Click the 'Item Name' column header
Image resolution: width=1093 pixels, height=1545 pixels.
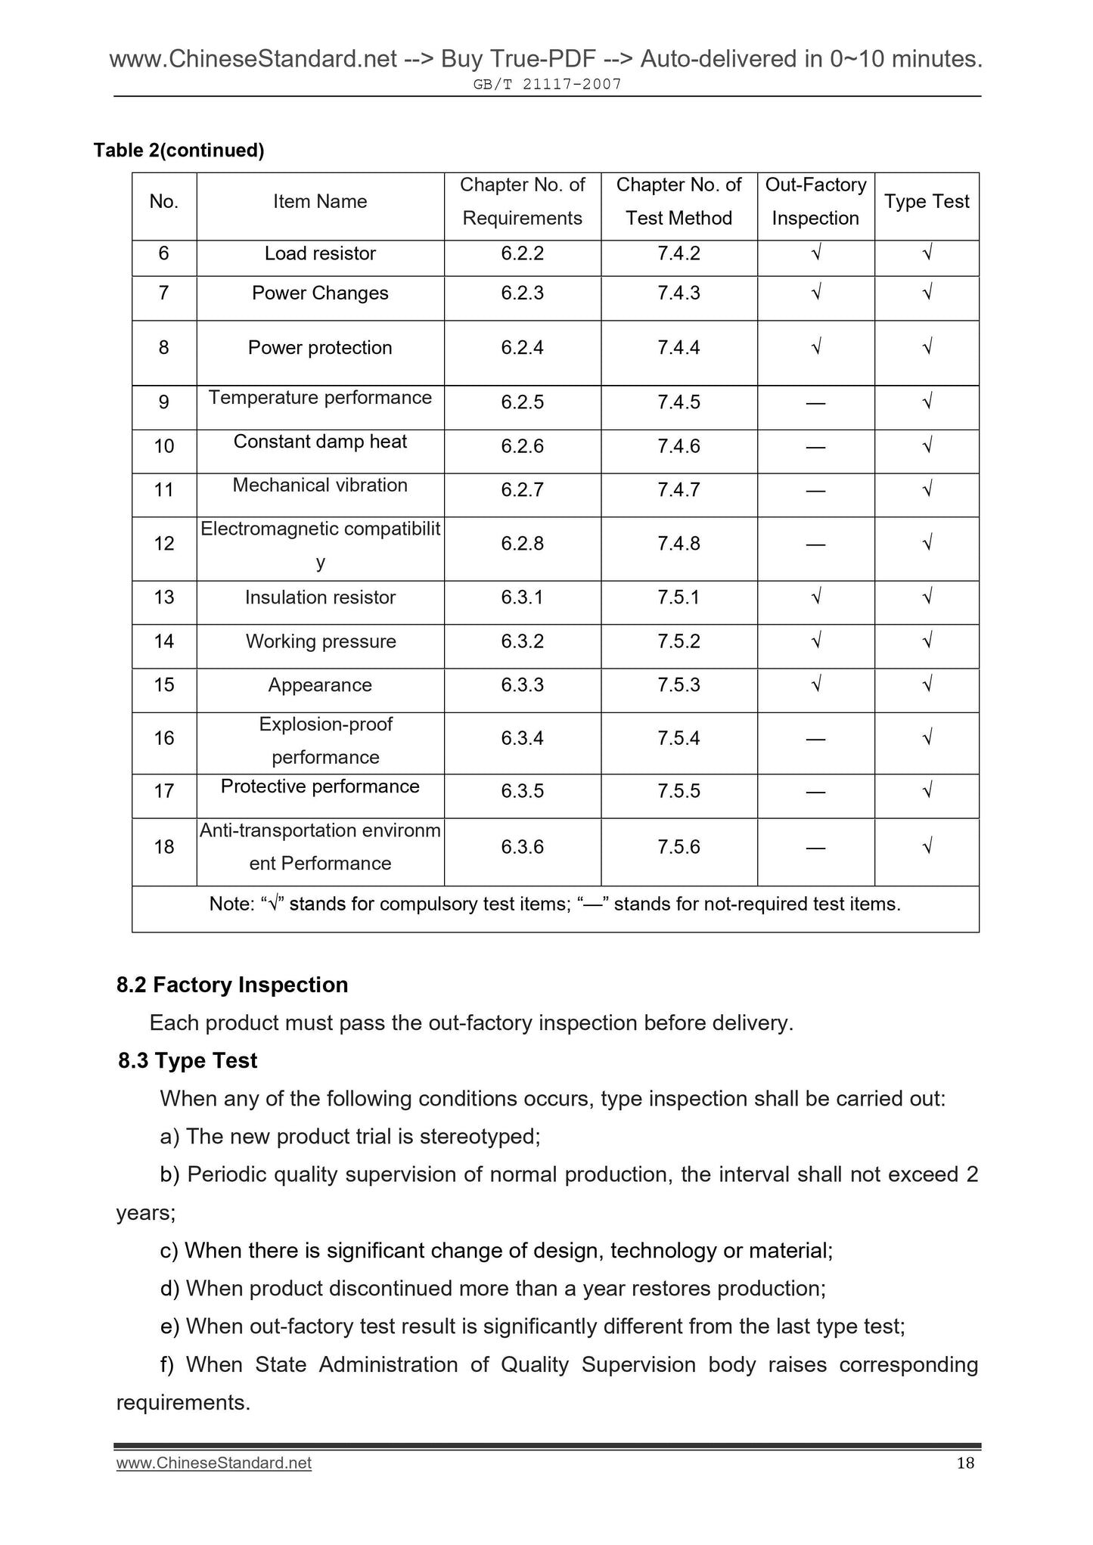[320, 202]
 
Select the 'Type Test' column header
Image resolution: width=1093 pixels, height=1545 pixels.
[927, 202]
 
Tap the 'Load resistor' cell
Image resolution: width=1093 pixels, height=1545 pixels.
[320, 253]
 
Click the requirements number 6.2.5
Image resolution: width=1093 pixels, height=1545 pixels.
[522, 402]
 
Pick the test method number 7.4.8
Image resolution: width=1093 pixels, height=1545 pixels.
[678, 544]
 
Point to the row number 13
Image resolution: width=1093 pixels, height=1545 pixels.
[164, 597]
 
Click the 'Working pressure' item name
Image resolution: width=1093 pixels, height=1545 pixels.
[321, 641]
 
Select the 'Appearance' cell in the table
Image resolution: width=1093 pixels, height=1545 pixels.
[320, 685]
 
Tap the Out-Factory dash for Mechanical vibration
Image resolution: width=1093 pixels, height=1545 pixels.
[815, 491]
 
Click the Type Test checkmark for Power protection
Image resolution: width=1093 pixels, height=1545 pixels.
[927, 347]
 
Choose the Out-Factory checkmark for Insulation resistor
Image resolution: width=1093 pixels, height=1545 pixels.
[816, 597]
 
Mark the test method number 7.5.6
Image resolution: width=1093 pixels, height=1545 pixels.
[678, 847]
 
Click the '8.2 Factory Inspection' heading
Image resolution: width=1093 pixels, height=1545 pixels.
[232, 985]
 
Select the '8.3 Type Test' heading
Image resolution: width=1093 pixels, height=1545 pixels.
[188, 1061]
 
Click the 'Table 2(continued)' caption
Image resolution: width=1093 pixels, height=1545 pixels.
[179, 150]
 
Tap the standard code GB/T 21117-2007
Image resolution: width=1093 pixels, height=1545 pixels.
[547, 85]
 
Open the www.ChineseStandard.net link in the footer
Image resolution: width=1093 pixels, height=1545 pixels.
[214, 1463]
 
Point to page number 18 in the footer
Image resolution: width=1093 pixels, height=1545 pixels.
[965, 1463]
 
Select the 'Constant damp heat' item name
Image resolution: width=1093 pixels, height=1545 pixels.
[320, 442]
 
